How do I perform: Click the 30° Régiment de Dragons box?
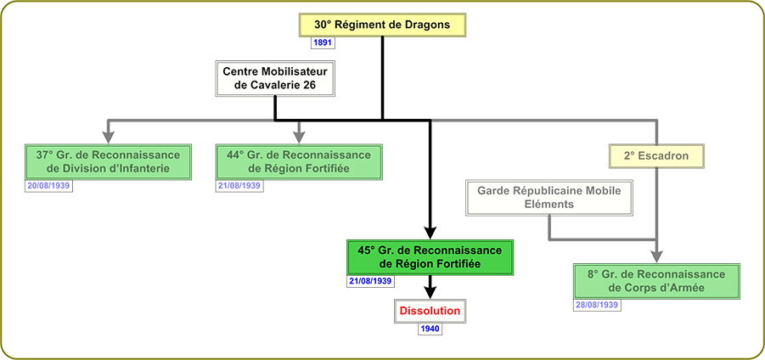tap(382, 25)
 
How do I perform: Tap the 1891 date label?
tap(323, 42)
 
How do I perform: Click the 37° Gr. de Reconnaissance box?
tap(108, 161)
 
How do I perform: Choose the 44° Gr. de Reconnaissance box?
tap(299, 161)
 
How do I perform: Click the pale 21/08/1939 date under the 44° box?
tap(239, 185)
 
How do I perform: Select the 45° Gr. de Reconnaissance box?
tap(430, 257)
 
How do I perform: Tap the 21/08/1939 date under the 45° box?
tap(370, 281)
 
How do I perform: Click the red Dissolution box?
tap(430, 311)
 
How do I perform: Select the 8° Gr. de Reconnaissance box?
tap(655, 280)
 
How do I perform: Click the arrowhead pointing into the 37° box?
tap(108, 134)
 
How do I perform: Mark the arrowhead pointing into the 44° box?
tap(299, 134)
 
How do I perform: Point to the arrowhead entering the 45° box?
tap(430, 232)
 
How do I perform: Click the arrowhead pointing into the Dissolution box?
tap(430, 291)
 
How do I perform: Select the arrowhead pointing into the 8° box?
tap(655, 255)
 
